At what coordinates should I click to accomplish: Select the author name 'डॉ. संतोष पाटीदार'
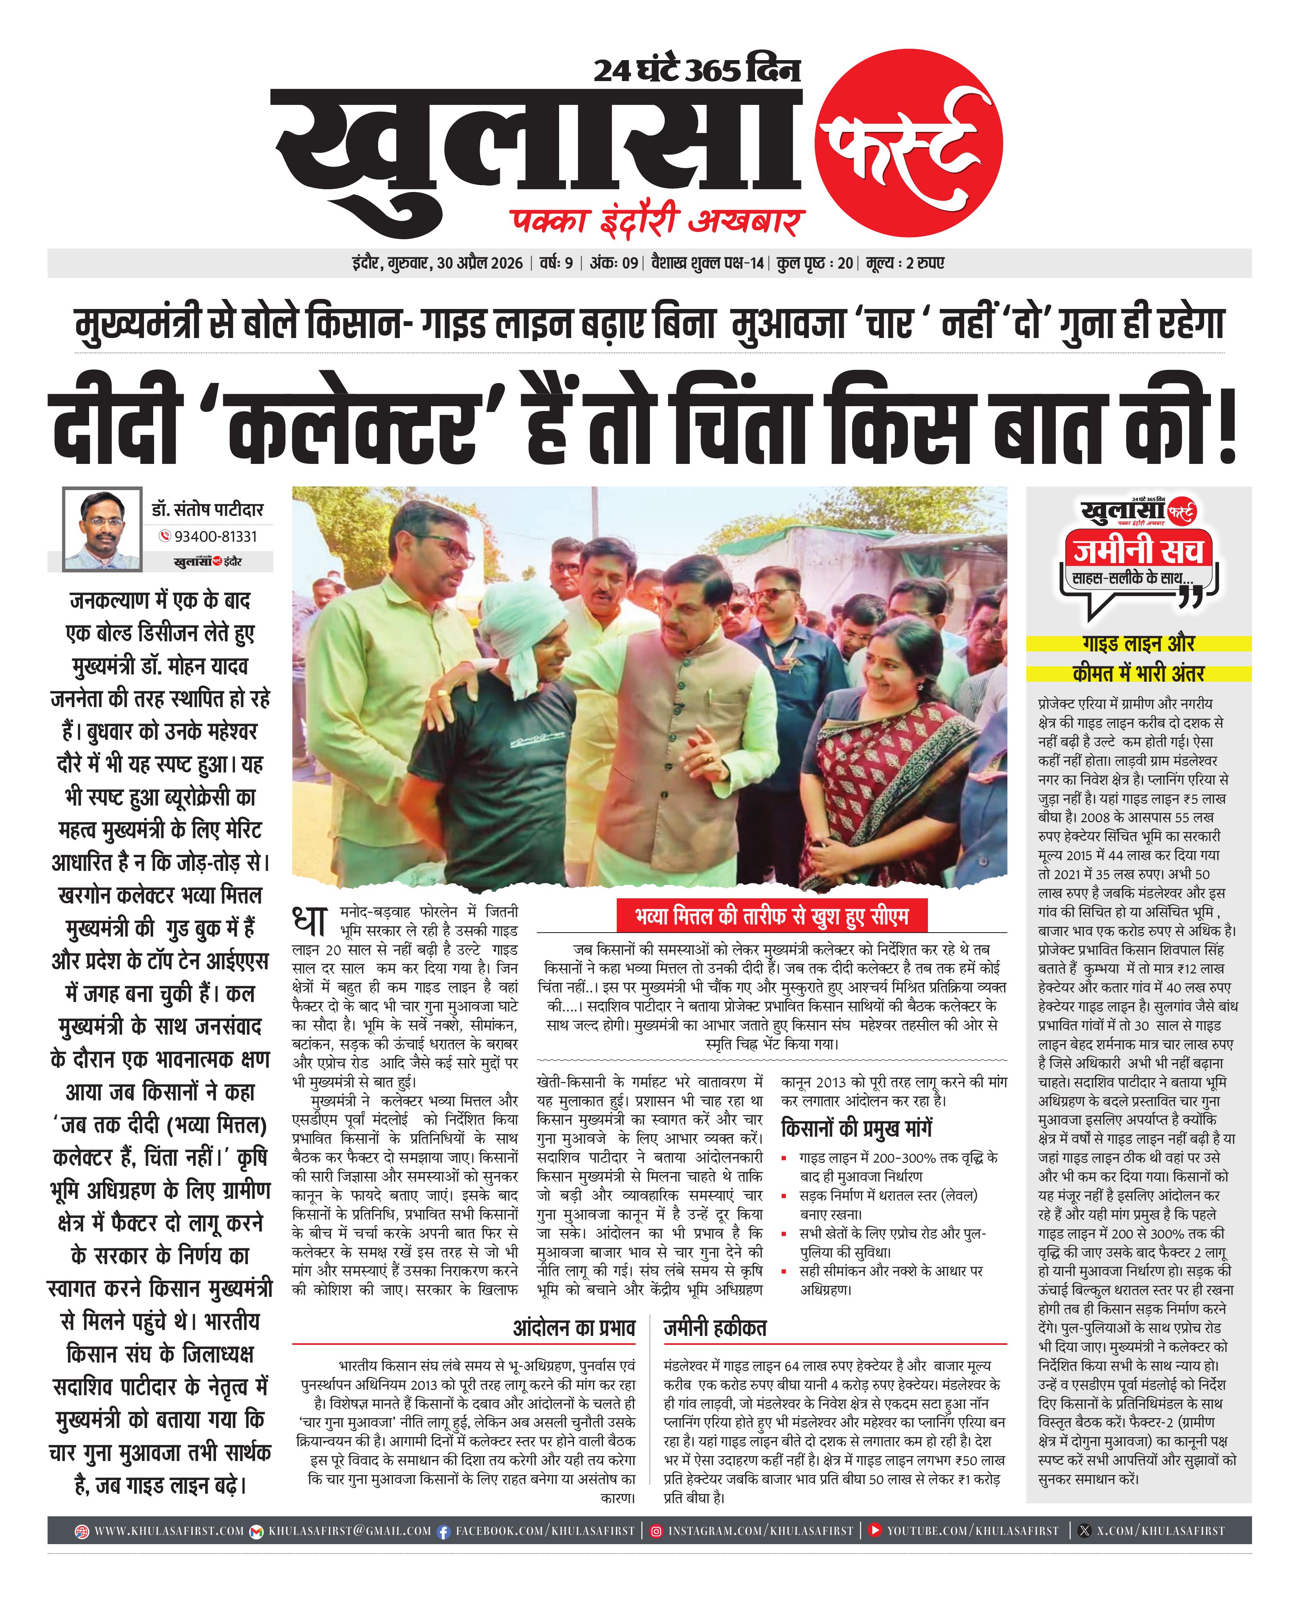[208, 509]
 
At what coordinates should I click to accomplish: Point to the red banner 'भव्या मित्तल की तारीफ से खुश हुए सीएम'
[771, 916]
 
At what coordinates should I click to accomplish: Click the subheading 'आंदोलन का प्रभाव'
[574, 1328]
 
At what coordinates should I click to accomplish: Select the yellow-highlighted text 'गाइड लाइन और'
[1138, 643]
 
